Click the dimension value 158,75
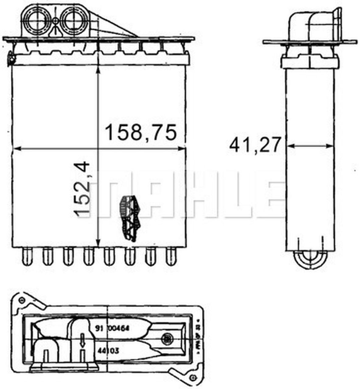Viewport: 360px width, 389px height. pyautogui.click(x=140, y=133)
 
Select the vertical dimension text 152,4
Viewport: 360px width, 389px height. pyautogui.click(x=83, y=189)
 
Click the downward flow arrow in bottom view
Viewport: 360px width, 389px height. pyautogui.click(x=82, y=339)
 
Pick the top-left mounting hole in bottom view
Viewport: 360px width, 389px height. pyautogui.click(x=21, y=300)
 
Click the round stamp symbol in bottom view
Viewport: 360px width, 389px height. pyautogui.click(x=167, y=337)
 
